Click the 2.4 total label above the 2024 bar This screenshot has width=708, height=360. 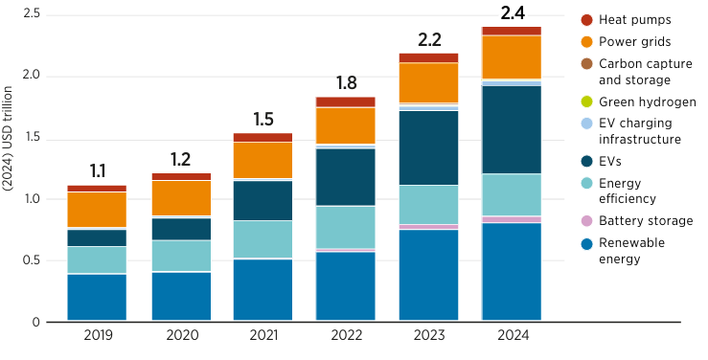[511, 13]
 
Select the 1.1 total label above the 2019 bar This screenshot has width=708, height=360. [97, 171]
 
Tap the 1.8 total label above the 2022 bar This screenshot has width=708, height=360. [345, 82]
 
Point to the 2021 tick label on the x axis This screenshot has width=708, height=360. [263, 336]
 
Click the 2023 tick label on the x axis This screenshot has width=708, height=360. [428, 336]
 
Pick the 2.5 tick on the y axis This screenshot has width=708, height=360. [31, 14]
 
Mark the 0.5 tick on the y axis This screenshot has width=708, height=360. [31, 260]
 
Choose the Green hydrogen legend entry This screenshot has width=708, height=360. [647, 101]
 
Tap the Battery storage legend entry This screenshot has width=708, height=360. [645, 221]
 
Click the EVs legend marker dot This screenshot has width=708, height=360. [586, 162]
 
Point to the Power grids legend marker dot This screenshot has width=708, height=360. [586, 42]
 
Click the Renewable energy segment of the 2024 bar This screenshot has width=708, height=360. [511, 272]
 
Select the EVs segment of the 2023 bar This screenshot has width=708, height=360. [428, 147]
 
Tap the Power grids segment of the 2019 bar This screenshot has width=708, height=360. [97, 210]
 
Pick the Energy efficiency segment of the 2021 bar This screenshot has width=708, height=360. [263, 239]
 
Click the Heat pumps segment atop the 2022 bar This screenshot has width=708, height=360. [345, 101]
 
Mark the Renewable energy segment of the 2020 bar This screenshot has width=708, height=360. [180, 297]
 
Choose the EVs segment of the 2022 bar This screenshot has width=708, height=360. [345, 177]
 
